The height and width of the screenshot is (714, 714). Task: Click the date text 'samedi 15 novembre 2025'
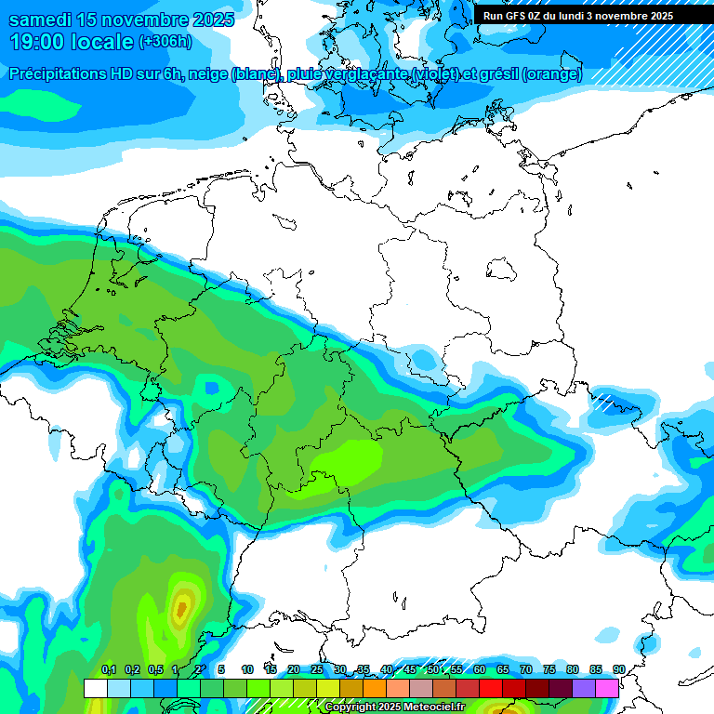point(121,20)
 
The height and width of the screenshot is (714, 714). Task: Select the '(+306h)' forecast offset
point(165,42)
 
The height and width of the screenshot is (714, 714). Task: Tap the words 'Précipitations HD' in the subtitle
point(70,74)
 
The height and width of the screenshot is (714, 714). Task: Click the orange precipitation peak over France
point(181,609)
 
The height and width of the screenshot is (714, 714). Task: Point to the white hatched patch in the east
point(604,403)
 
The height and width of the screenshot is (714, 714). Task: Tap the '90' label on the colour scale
point(618,669)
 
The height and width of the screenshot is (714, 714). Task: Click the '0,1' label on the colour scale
point(109,669)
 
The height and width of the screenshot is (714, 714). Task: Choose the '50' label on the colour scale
point(433,669)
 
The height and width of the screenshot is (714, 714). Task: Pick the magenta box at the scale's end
point(607,688)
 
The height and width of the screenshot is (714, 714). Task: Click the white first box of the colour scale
point(96,688)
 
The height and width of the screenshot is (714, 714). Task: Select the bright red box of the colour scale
point(491,688)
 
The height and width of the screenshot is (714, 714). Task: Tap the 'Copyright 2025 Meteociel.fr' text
point(394,707)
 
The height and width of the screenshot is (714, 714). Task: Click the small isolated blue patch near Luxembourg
point(213,386)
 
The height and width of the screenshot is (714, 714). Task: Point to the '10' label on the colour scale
point(247,669)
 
